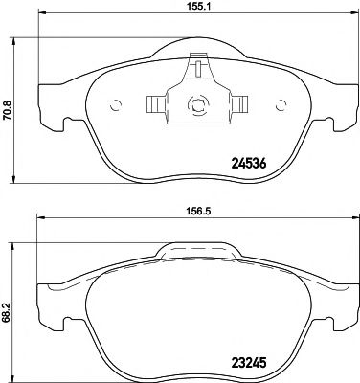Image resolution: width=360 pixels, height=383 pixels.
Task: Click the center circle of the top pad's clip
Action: click(x=195, y=107)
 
